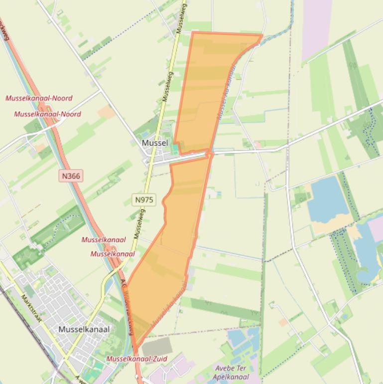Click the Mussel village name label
pos(155,143)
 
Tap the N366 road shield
pos(70,176)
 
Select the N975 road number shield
pos(144,200)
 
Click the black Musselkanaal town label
pos(84,329)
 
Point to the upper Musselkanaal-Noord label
pos(39,98)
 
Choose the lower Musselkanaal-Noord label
pos(47,114)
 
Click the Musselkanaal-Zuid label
pos(136,359)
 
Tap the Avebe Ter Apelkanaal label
pos(231,373)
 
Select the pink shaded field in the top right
pos(317,27)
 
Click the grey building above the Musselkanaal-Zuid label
pos(157,346)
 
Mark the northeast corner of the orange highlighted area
pos(261,35)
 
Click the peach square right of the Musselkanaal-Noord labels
pos(106,112)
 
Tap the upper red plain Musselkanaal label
pos(104,240)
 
